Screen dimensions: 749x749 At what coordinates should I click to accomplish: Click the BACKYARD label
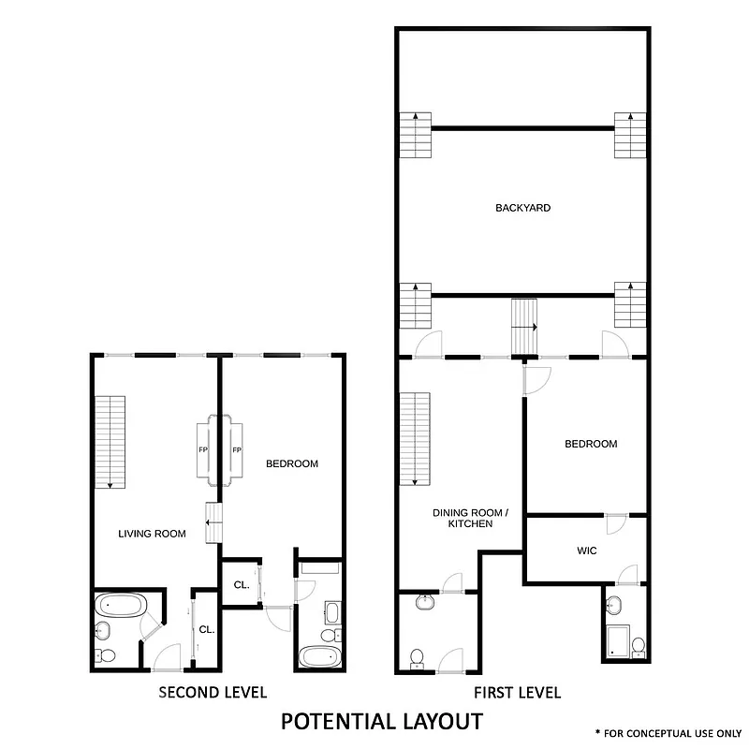[x=522, y=208]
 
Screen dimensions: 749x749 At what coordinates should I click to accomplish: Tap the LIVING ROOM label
[x=152, y=534]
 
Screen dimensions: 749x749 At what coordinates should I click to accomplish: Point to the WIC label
[x=586, y=551]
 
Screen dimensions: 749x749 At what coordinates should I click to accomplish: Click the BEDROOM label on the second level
[x=292, y=463]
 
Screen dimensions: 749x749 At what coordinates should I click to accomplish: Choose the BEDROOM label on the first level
[x=591, y=444]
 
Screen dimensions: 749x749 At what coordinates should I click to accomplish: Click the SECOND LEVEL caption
[x=213, y=693]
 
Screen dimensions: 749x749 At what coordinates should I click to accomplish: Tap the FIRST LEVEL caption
[x=517, y=693]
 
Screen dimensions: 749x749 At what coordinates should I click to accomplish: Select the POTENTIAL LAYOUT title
[x=382, y=721]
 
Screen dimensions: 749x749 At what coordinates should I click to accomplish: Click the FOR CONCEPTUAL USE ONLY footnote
[x=668, y=732]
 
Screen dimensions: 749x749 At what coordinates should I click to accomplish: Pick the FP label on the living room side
[x=203, y=450]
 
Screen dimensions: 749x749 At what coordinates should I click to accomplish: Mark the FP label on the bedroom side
[x=237, y=450]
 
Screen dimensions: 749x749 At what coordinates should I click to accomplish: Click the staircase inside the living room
[x=110, y=441]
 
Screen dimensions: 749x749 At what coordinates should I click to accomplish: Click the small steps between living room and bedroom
[x=213, y=521]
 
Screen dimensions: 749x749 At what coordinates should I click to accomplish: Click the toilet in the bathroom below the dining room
[x=418, y=657]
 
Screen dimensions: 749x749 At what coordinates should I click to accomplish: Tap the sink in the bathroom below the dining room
[x=427, y=602]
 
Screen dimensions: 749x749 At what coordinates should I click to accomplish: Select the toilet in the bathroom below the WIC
[x=638, y=646]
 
